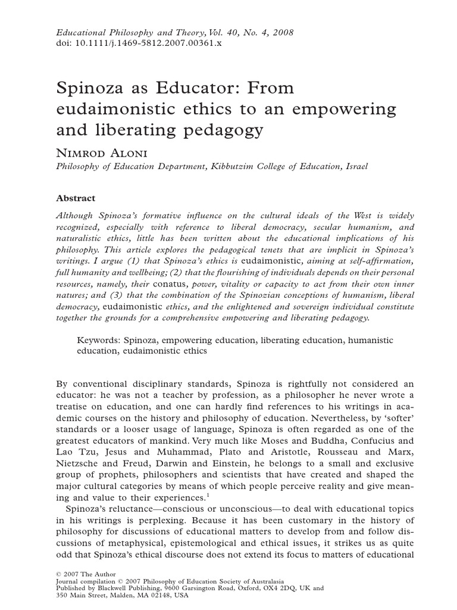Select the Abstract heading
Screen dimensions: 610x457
(x=76, y=198)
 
